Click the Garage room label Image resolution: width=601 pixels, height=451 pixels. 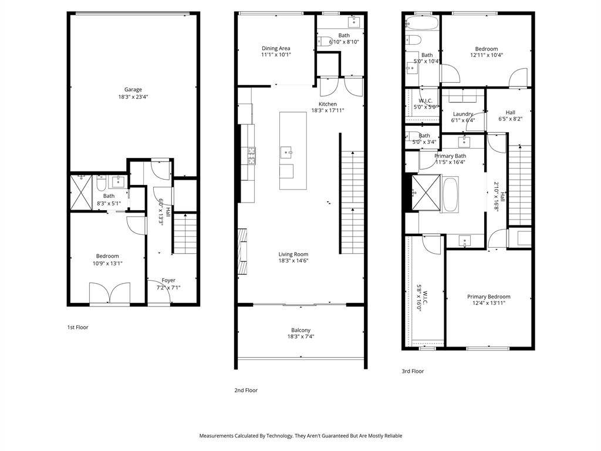pyautogui.click(x=133, y=89)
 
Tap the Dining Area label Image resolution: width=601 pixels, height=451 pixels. pyautogui.click(x=276, y=48)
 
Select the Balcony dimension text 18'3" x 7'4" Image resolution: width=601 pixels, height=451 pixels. pyautogui.click(x=301, y=336)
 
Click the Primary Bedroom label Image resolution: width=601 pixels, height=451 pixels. pyautogui.click(x=489, y=297)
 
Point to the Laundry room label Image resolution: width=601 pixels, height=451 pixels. pyautogui.click(x=463, y=114)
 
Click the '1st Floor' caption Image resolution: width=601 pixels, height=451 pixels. pyautogui.click(x=78, y=327)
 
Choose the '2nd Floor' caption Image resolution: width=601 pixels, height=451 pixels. pyautogui.click(x=246, y=390)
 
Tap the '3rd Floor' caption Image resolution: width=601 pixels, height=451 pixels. pyautogui.click(x=413, y=371)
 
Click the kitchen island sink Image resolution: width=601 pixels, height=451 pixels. pyautogui.click(x=286, y=152)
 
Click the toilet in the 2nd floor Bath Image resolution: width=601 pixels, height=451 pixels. pyautogui.click(x=325, y=41)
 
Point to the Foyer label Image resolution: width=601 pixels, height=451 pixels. pyautogui.click(x=168, y=280)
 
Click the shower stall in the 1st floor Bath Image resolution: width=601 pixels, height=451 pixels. pyautogui.click(x=81, y=192)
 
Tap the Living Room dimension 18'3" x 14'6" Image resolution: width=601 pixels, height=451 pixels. pyautogui.click(x=293, y=261)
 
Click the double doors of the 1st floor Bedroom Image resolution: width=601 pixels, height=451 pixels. pyautogui.click(x=110, y=294)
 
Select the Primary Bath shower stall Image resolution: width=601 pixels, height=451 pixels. pyautogui.click(x=426, y=192)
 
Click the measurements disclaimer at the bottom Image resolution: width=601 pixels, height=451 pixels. pyautogui.click(x=300, y=436)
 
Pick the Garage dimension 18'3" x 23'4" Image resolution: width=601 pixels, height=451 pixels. pyautogui.click(x=133, y=97)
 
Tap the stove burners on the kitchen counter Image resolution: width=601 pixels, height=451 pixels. pyautogui.click(x=252, y=156)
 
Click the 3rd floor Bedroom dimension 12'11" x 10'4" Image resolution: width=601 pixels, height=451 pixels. pyautogui.click(x=487, y=55)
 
